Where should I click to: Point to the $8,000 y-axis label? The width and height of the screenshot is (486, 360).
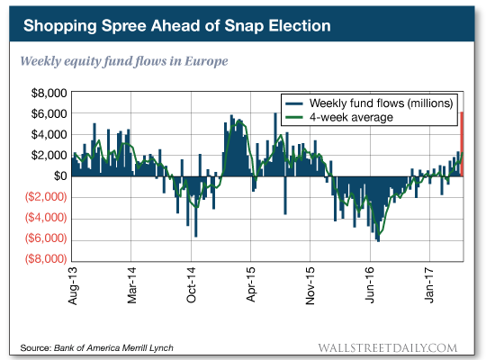click(x=47, y=93)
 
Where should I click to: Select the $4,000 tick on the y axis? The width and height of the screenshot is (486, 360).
click(x=47, y=134)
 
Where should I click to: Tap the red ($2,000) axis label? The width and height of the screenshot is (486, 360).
click(x=45, y=196)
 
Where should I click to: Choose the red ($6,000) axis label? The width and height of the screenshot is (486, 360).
click(x=45, y=238)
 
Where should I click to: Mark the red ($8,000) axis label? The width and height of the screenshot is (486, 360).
click(x=45, y=259)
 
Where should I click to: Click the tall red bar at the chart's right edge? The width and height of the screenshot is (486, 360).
click(x=462, y=144)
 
